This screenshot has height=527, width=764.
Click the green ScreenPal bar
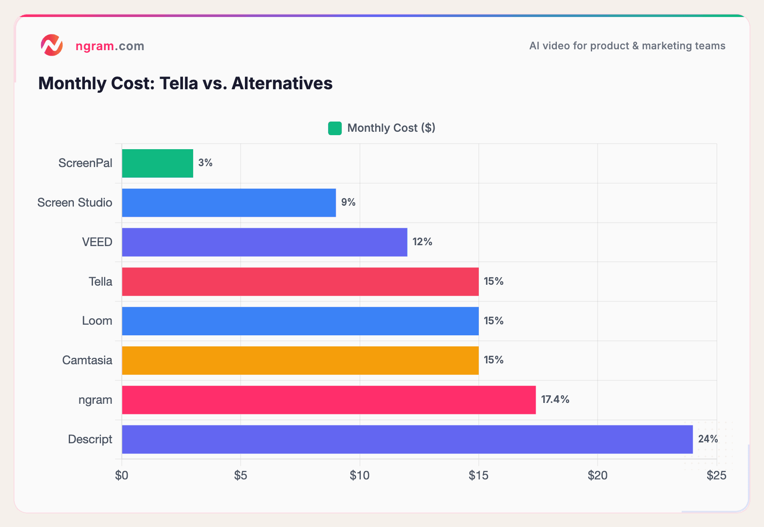[x=157, y=163]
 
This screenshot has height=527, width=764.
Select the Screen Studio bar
[x=229, y=203]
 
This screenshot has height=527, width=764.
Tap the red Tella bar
[x=300, y=281]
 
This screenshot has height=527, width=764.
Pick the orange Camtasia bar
[x=300, y=360]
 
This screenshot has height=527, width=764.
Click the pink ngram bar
[x=329, y=400]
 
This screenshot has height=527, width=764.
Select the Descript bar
[x=407, y=439]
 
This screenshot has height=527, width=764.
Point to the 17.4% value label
[x=555, y=399]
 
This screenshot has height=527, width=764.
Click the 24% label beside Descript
[x=708, y=439]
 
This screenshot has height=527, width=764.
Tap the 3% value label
[x=205, y=163]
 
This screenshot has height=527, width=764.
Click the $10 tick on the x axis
[x=360, y=476]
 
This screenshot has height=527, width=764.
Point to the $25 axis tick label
[x=716, y=476]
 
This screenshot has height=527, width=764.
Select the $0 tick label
[x=122, y=476]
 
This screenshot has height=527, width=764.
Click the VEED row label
[x=97, y=242]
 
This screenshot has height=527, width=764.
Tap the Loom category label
[x=97, y=321]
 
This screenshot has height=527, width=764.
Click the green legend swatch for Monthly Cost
[x=335, y=128]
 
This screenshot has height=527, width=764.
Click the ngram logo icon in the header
[x=52, y=45]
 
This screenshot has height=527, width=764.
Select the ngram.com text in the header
[x=110, y=46]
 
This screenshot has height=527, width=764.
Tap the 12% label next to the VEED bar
[x=422, y=242]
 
